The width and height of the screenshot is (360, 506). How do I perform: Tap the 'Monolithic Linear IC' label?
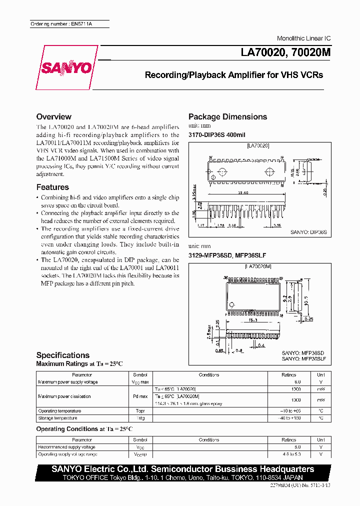coord(303,38)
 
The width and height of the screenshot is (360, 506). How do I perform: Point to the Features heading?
coord(52,187)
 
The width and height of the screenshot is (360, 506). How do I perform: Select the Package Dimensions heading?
coord(227,116)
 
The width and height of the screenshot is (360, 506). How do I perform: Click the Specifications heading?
coord(63,355)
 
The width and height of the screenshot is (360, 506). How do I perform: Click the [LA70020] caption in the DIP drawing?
coord(258,145)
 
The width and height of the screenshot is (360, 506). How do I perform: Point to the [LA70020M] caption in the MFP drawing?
coord(257,267)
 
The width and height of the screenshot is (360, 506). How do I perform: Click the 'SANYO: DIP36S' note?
coord(308,232)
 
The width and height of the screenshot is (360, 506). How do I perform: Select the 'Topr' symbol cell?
coord(140,411)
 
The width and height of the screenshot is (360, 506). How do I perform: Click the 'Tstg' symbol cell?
coord(140,418)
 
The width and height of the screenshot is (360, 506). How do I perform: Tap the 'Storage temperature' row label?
coord(57,418)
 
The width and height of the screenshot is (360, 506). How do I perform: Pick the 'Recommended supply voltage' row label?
coord(66,447)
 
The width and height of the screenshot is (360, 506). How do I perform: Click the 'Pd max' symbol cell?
coord(140,396)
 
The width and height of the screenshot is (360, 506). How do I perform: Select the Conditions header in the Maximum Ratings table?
coord(208,374)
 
